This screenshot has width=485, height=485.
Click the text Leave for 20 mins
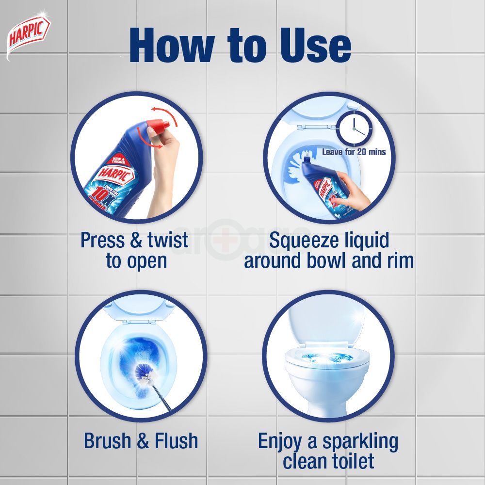[x=354, y=152]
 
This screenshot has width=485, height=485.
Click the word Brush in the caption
[x=107, y=441]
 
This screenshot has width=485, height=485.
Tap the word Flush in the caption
[x=177, y=441]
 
